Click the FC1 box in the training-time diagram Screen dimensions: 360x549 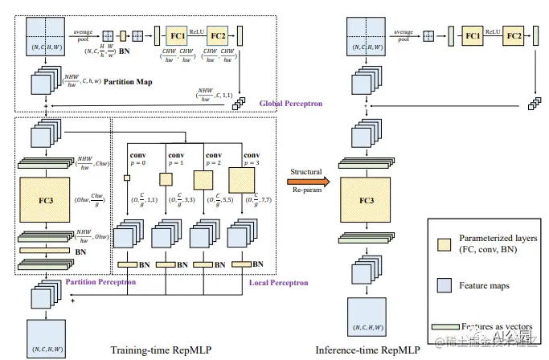[178, 36]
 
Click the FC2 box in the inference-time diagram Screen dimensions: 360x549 [514, 36]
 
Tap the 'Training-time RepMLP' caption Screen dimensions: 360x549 [157, 350]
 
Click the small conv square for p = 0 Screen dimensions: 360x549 [127, 178]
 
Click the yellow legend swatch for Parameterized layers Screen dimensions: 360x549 [440, 244]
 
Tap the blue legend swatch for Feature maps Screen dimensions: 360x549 [441, 285]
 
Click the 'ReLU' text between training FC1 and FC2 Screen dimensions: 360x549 [197, 31]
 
